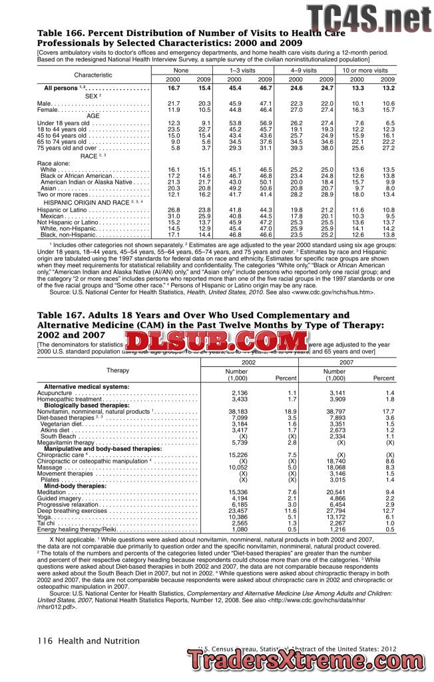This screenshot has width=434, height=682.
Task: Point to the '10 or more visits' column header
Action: point(364,70)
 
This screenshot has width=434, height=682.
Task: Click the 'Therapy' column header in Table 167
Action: point(118,370)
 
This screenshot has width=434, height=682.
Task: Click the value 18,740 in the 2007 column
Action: point(335,460)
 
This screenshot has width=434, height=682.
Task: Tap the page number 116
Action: point(45,641)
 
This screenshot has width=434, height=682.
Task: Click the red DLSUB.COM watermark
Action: point(217,341)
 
